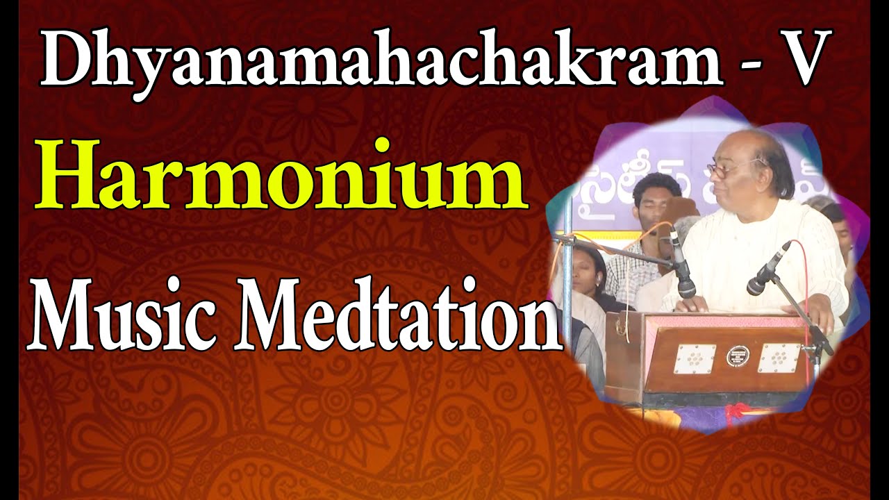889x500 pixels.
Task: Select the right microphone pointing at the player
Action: point(767,269)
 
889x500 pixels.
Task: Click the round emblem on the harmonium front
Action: point(734,357)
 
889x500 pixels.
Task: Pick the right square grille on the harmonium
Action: point(777,358)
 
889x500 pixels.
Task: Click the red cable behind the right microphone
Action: point(806,278)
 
